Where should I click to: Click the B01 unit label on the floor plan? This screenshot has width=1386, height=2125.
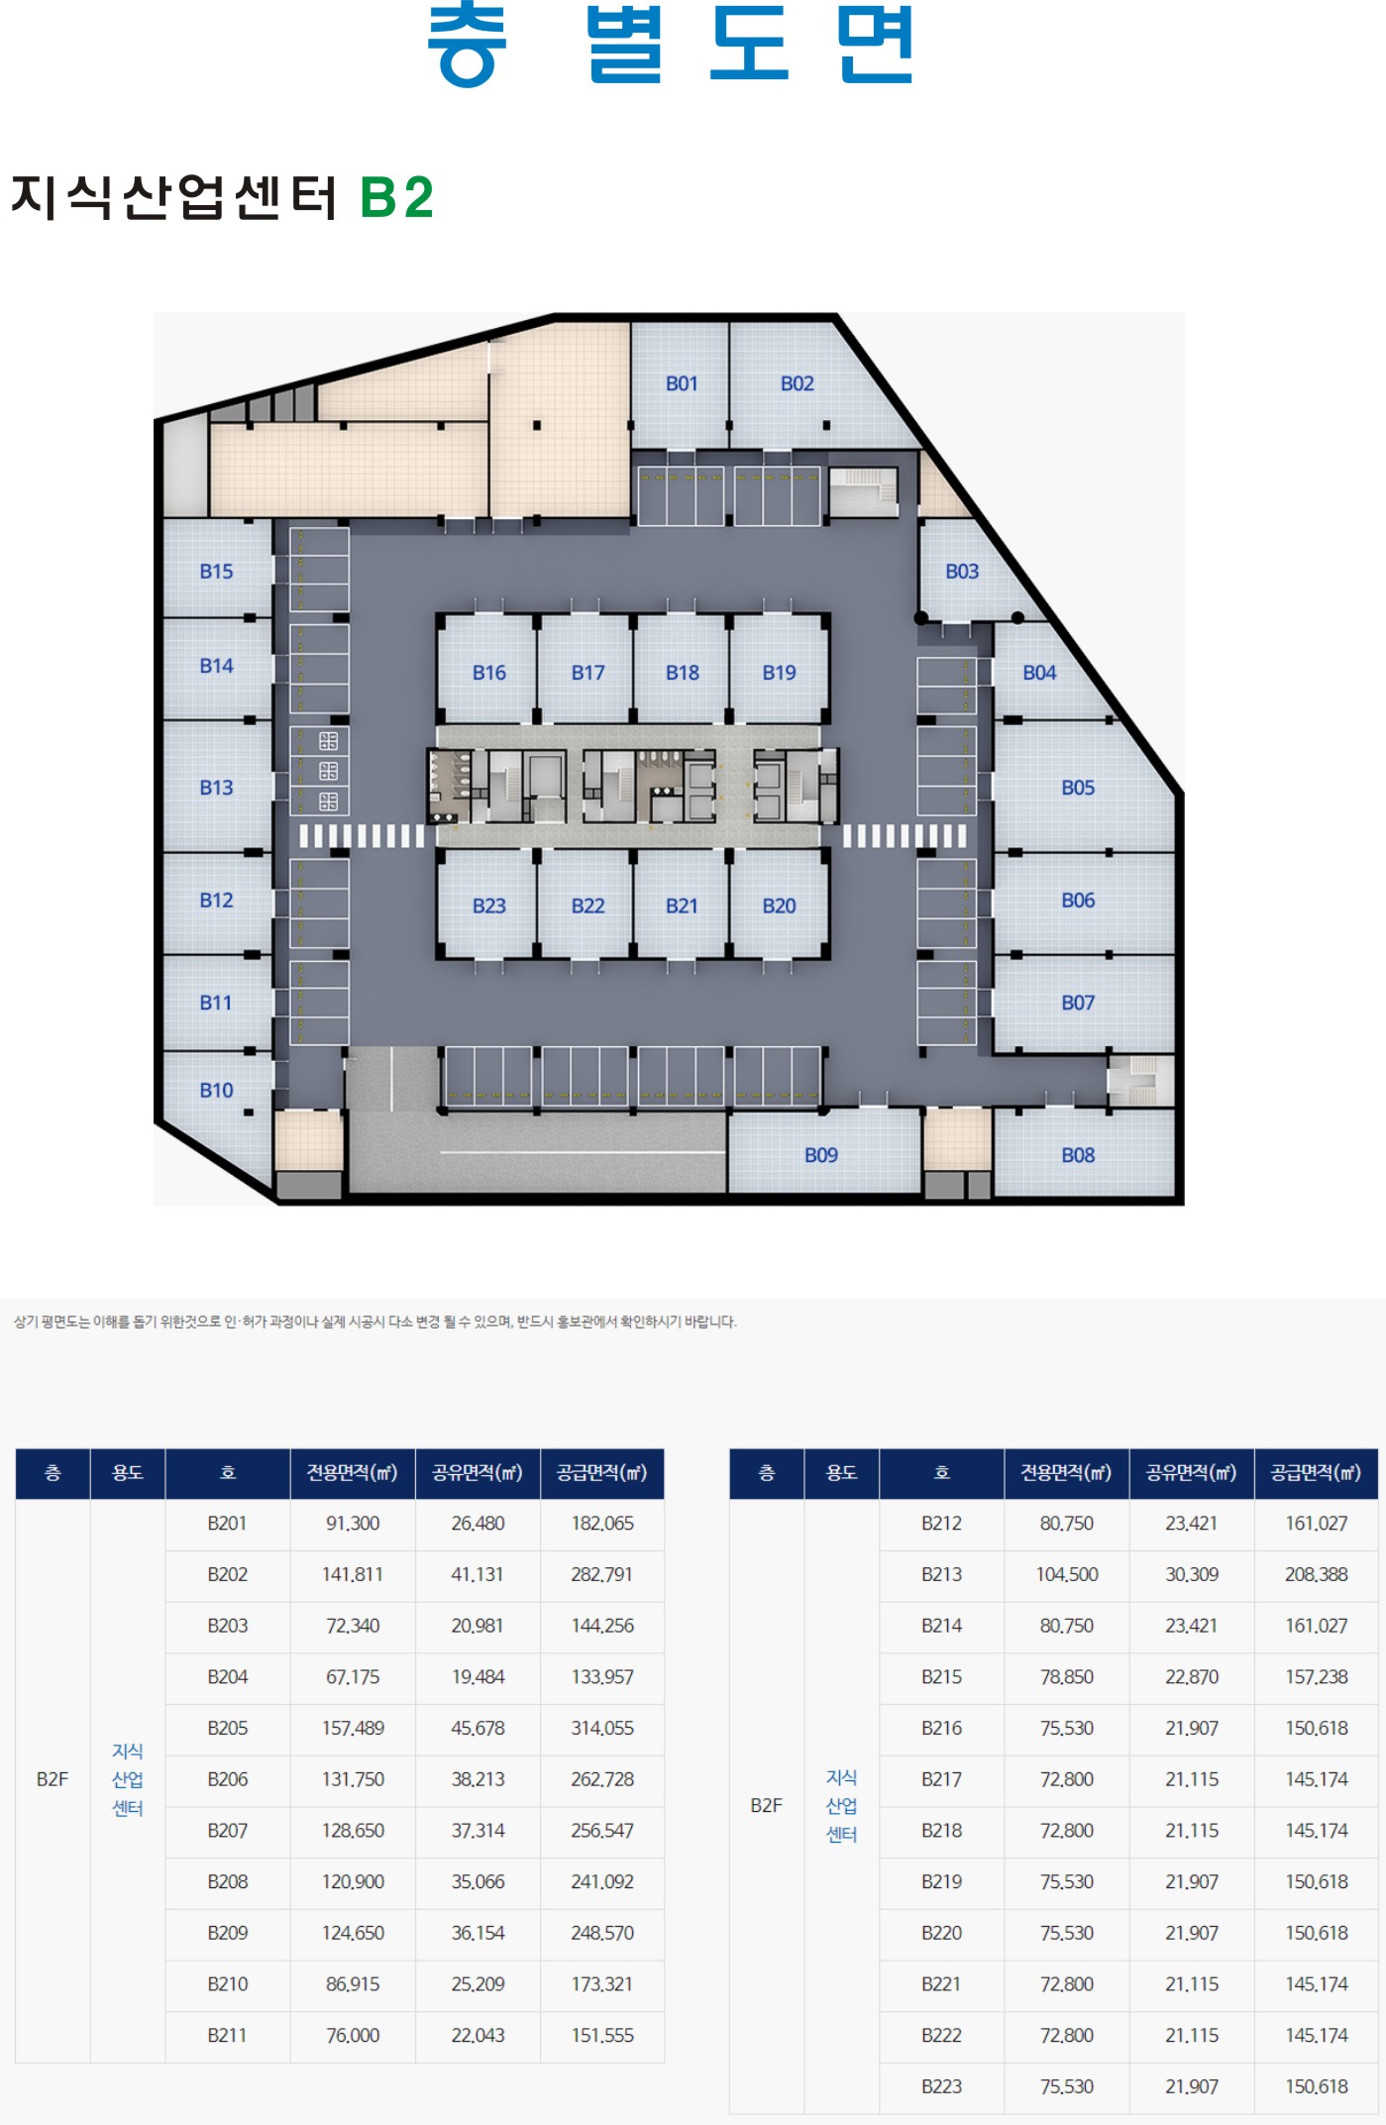click(682, 383)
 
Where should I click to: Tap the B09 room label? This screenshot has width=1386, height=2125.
click(821, 1155)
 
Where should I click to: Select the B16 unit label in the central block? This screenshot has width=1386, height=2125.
click(489, 673)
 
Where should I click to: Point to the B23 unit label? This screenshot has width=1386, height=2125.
click(489, 905)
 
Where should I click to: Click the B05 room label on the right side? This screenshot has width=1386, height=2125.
click(1078, 788)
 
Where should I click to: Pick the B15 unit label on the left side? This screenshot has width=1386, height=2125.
click(216, 572)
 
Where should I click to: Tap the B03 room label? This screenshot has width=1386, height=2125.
click(962, 572)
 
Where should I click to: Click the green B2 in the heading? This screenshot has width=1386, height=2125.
click(396, 197)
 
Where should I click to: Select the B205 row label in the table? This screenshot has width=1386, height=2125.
click(227, 1728)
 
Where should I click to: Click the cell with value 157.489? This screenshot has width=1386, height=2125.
click(353, 1728)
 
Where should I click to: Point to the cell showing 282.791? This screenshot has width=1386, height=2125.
click(602, 1574)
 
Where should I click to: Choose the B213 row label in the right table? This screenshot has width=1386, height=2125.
click(941, 1574)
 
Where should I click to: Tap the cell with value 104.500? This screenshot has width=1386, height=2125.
click(1067, 1574)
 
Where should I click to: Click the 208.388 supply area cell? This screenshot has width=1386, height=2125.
click(1317, 1574)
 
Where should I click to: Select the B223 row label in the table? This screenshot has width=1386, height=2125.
click(941, 2086)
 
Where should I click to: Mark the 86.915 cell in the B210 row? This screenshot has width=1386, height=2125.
click(353, 1984)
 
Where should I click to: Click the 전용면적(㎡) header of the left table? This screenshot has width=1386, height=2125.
click(353, 1472)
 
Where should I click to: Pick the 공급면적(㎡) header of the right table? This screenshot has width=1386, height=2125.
click(1317, 1472)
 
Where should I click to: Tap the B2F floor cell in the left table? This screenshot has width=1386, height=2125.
click(53, 1779)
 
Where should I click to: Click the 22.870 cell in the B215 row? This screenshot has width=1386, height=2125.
click(1192, 1677)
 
